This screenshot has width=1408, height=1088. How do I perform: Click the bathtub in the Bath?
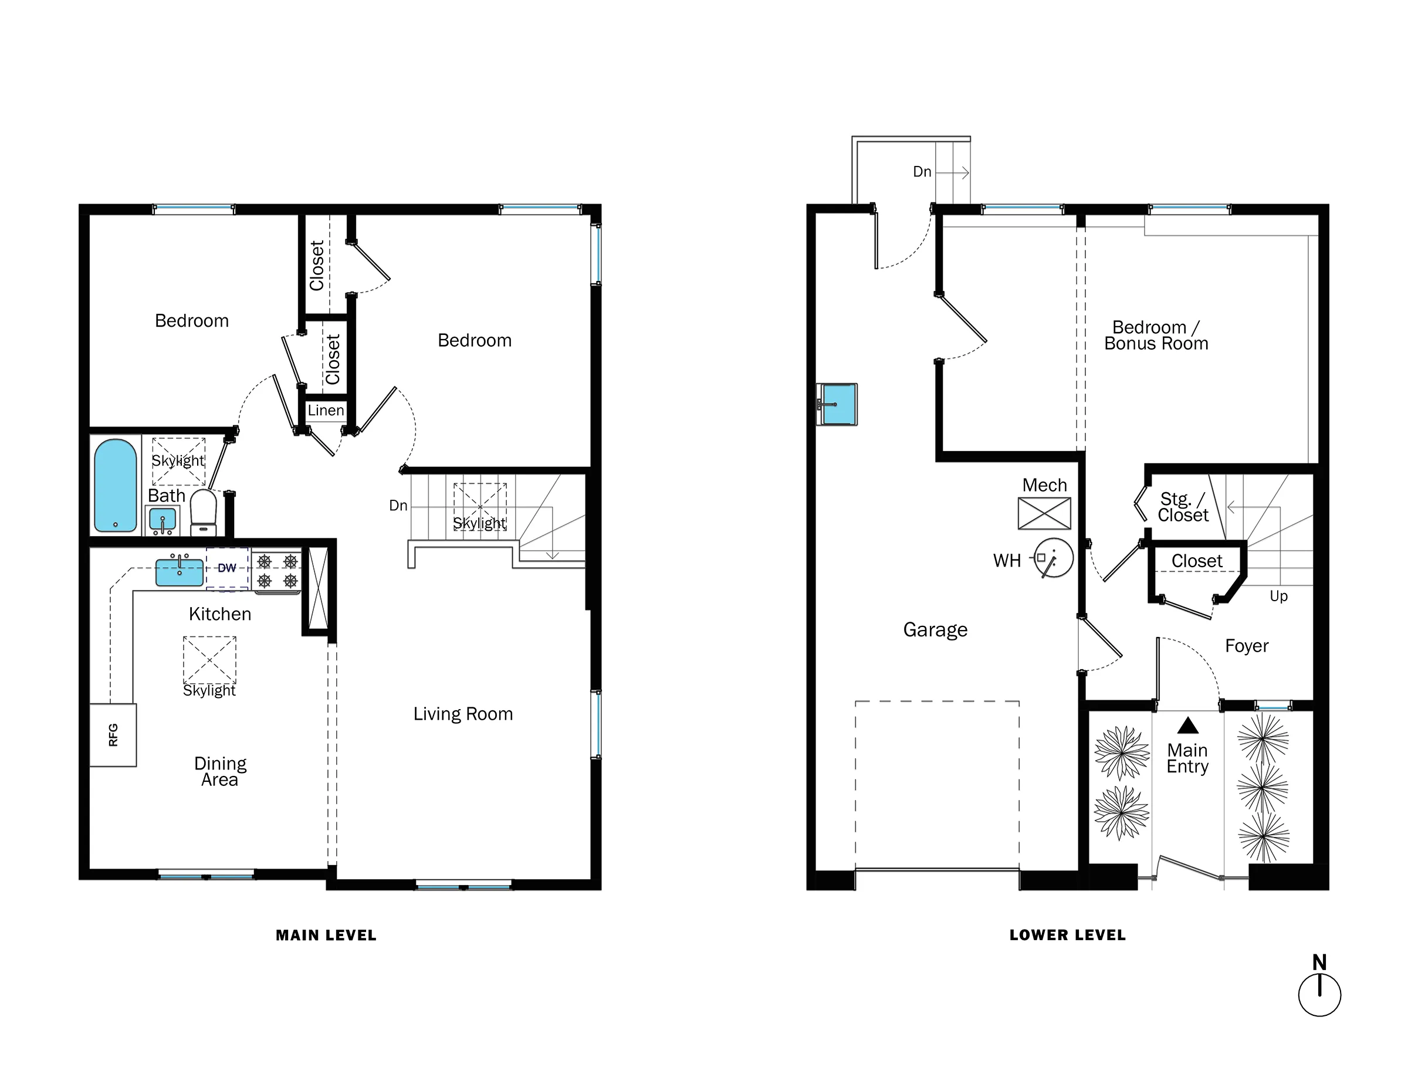coord(116,485)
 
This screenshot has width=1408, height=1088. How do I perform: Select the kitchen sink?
coord(179,572)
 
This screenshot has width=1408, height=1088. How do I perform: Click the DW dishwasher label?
coord(227,568)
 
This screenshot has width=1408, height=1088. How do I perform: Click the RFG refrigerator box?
coord(113,735)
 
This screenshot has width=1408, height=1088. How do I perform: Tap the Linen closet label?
coord(326,411)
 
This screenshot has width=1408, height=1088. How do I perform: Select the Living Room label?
coord(463,714)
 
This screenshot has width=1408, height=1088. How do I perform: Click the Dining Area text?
coord(220,771)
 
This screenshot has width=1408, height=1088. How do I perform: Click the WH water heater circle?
coord(1054,558)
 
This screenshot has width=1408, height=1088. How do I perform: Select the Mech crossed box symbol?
coord(1044,513)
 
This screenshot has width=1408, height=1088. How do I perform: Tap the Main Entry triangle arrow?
coord(1187,726)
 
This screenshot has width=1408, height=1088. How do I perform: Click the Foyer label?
coord(1246,646)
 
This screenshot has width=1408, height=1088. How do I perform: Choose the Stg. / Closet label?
coord(1182,507)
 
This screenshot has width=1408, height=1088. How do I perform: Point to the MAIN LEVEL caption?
coord(326,936)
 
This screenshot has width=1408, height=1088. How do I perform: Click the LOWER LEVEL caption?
coord(1067,936)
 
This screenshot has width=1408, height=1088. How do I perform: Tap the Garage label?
coord(935,630)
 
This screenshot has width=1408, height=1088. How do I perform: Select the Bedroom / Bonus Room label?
coord(1156,335)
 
